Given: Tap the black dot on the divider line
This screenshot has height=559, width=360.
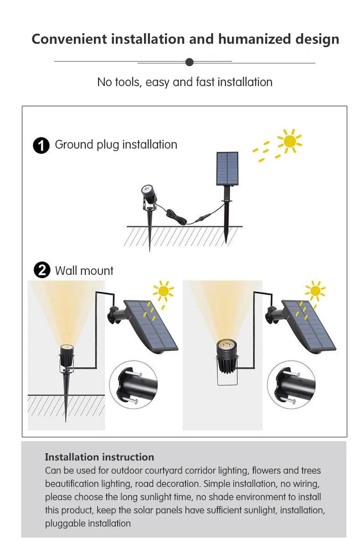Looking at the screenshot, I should (x=190, y=62).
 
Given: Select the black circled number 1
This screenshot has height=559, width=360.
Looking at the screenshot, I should (x=41, y=146).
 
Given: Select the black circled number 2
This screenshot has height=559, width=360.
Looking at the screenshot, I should (x=41, y=271).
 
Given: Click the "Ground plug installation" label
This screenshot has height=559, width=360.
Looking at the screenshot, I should (x=116, y=145).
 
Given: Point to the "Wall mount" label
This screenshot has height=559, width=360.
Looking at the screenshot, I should (x=84, y=271).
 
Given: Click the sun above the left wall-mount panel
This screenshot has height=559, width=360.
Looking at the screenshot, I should (x=163, y=291).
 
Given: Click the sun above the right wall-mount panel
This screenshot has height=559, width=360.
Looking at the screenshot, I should (x=315, y=291).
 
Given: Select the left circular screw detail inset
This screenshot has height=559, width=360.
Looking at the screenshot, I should (x=133, y=384).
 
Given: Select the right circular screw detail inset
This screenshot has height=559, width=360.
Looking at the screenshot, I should (x=291, y=384).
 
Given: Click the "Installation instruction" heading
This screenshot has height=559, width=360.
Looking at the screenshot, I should (x=99, y=457).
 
